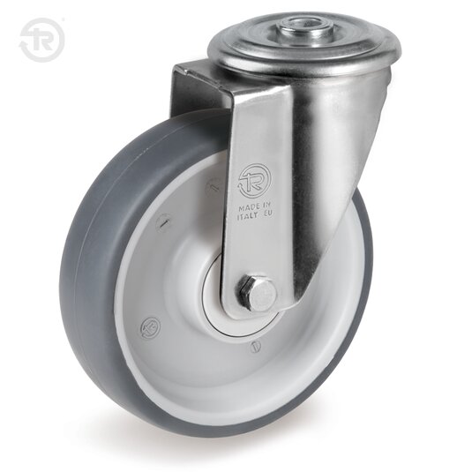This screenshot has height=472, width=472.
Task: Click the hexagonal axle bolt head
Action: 258,293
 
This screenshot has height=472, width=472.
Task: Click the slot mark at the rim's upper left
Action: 163,222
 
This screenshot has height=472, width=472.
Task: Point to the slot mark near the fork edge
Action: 212,185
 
